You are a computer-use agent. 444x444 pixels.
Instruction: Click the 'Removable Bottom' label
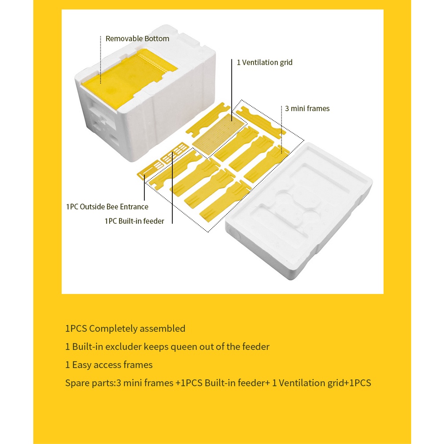coord(137,39)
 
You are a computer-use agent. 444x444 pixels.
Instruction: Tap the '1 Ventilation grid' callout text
coord(265,62)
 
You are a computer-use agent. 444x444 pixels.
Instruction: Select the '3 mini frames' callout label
coord(307,108)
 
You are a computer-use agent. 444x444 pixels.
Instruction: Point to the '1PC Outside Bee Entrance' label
coord(107,207)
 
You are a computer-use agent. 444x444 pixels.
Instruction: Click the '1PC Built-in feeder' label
coord(134,221)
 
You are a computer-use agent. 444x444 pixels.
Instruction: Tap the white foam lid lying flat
coord(299,211)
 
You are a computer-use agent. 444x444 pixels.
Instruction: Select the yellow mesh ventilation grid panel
coord(218,134)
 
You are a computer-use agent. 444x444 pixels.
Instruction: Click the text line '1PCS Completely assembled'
coord(125,329)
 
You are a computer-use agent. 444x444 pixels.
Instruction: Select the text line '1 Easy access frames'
coord(109,365)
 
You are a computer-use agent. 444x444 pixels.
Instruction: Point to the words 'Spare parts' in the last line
coord(90,383)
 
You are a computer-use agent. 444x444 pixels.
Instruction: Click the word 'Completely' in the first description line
coord(113,329)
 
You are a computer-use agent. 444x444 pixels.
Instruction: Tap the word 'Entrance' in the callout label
coord(134,207)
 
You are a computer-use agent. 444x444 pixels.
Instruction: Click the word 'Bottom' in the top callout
coord(157,39)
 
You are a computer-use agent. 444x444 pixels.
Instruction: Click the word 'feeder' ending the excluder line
coord(254,347)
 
